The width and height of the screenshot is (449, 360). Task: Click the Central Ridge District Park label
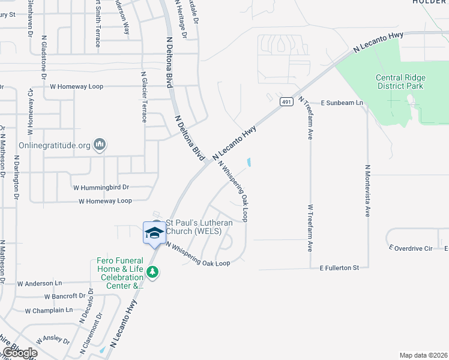400,82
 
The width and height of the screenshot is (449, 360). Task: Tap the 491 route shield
285,102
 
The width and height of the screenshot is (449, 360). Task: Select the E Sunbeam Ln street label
342,103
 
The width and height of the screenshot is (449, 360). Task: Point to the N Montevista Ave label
367,191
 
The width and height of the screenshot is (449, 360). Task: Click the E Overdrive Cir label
411,248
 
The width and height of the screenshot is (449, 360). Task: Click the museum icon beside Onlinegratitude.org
100,145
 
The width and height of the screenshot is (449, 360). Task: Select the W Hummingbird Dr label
101,188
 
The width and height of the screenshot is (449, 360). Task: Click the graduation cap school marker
154,232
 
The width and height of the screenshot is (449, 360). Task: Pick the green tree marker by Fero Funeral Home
153,272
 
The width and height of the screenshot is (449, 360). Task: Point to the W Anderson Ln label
39,283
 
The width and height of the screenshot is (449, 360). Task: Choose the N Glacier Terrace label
144,97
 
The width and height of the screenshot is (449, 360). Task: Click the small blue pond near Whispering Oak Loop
249,162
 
